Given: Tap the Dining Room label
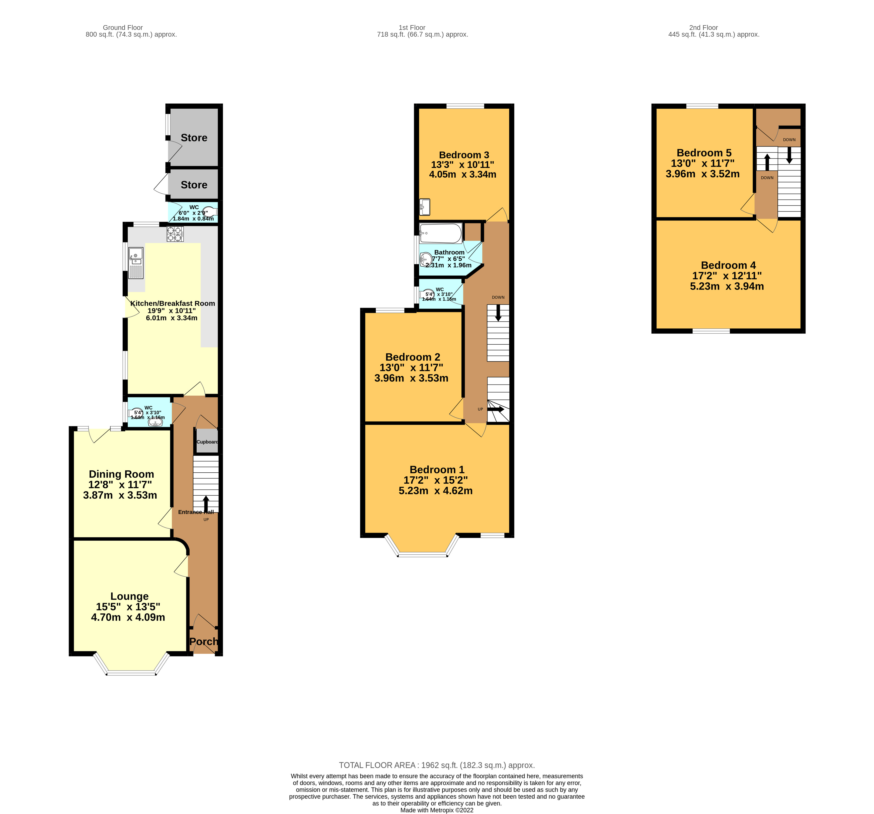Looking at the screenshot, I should click(x=121, y=474).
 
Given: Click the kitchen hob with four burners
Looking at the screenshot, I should click(x=175, y=233).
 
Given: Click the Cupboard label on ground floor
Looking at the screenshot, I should click(x=207, y=442).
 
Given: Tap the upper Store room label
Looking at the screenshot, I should click(x=194, y=138).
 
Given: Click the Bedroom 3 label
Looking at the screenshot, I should click(x=464, y=155).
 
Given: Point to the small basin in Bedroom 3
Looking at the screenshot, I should click(x=425, y=207).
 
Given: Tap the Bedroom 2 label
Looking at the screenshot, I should click(x=412, y=357).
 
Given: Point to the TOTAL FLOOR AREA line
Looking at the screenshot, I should click(x=437, y=765).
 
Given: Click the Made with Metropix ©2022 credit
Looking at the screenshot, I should click(x=437, y=810).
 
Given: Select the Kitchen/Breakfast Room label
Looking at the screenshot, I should click(x=172, y=303).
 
